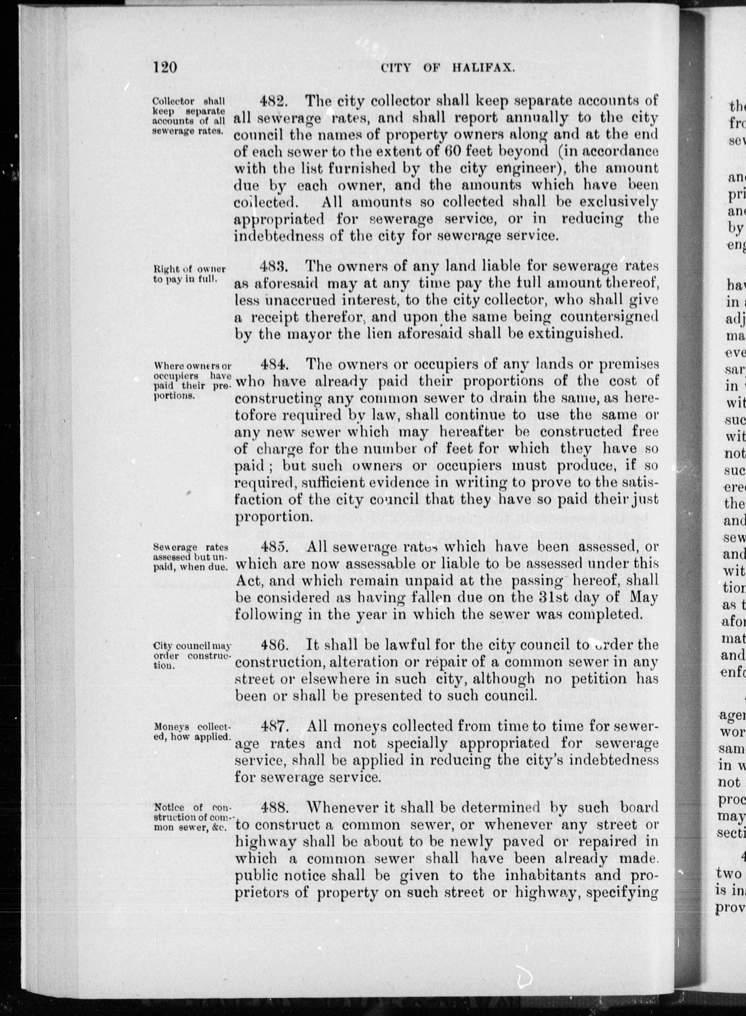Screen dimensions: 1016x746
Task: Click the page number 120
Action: point(164,67)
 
